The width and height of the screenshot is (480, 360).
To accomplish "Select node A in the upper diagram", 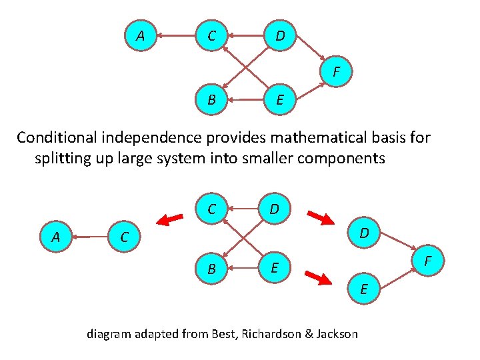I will (x=140, y=35).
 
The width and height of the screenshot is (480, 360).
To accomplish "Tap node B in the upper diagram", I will (x=211, y=101).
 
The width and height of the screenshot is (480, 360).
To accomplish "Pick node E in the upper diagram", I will (x=280, y=101).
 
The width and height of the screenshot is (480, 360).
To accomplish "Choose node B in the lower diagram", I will (x=211, y=269).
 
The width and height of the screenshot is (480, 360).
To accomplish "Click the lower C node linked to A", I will (x=124, y=236).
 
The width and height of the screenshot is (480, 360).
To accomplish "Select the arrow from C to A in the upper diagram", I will (x=175, y=35).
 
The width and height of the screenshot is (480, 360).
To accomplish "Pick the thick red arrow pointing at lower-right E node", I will (x=318, y=278).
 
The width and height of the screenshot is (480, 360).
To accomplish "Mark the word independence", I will (x=151, y=138).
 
